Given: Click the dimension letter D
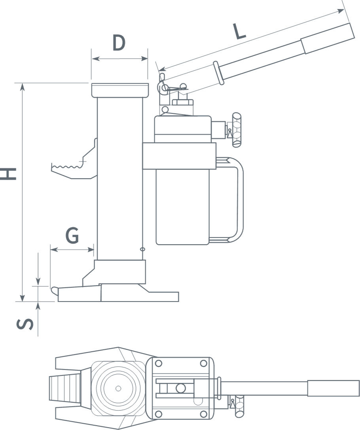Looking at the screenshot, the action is coord(119,43).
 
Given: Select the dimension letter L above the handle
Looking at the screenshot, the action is coord(239,31).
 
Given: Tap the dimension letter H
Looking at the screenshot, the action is coord(8,174).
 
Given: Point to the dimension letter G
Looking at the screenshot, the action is coord(72,236).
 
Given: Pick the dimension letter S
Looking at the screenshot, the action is coord(25,324).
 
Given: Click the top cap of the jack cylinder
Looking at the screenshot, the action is coord(120,90).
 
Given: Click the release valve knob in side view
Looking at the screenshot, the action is coord(237,130).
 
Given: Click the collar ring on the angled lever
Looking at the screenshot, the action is coord(219,73).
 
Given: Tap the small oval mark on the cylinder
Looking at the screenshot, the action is coord(142,249).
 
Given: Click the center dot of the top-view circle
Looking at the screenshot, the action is coord(118,389).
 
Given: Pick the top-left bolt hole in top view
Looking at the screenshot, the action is coord(159,363).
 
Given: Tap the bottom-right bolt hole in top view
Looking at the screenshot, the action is coord(203,414).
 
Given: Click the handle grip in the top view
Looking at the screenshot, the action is coord(333,389).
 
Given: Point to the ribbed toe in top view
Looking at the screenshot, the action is coord(65,388).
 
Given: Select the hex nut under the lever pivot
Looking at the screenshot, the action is coord(183,103).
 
